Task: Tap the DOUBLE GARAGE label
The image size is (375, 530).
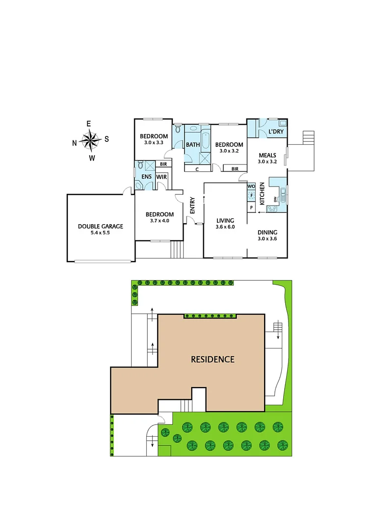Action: point(100,227)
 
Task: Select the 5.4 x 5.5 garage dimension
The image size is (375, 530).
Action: point(100,233)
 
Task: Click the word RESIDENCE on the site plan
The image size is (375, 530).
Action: point(213,359)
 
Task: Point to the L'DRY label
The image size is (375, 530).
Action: point(275,132)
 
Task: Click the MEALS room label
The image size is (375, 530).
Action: point(268,155)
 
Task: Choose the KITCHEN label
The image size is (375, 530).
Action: point(262,193)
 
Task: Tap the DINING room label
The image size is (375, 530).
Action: point(268,233)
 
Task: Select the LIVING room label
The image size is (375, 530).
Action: point(225,220)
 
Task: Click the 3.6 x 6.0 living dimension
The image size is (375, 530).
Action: point(225,227)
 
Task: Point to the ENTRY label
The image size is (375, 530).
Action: point(192,205)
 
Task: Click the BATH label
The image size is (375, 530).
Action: point(192,145)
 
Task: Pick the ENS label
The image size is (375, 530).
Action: point(146,176)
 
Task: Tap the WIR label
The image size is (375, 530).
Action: point(161,176)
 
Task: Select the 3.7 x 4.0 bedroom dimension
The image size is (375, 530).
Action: point(160,221)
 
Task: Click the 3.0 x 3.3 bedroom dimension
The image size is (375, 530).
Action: point(154,143)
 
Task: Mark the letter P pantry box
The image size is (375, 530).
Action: point(251,208)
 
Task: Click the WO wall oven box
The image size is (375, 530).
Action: point(251,186)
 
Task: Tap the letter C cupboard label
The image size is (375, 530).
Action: point(197,169)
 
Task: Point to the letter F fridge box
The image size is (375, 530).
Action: point(251,196)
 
